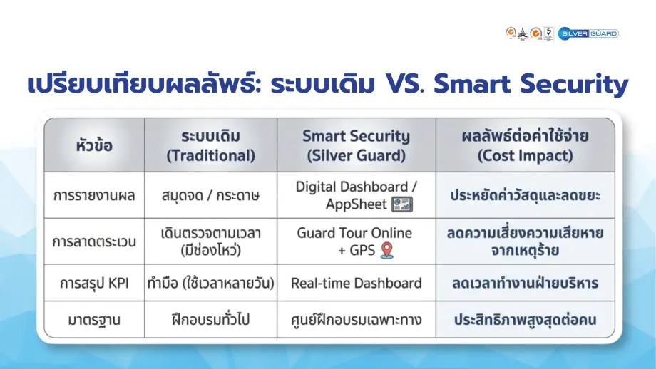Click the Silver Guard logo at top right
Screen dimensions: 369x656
tap(588, 33)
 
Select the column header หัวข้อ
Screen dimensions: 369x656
tap(93, 145)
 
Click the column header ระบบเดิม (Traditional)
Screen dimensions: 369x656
tap(210, 145)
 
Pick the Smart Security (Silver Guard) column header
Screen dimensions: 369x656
tap(356, 145)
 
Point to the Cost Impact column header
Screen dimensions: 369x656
tap(526, 145)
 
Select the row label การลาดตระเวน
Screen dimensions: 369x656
tap(93, 241)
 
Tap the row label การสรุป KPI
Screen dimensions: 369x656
tap(93, 283)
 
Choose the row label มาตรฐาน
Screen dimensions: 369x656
tap(93, 320)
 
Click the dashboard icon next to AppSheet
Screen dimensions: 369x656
tap(402, 204)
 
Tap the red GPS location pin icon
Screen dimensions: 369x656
tap(386, 250)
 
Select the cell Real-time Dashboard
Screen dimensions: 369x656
tap(356, 283)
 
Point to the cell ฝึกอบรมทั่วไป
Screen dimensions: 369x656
tap(210, 320)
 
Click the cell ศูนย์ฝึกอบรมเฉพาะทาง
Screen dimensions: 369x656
tap(356, 320)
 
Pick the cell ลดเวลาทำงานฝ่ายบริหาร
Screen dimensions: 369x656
tap(526, 283)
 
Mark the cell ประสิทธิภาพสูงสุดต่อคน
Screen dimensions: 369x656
tap(526, 320)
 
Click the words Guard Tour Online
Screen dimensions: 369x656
tap(354, 233)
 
